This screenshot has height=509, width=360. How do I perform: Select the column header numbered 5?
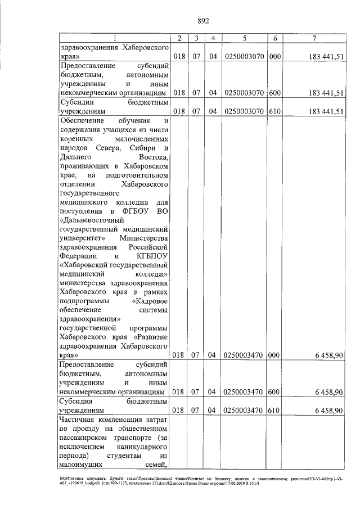[x=244, y=38]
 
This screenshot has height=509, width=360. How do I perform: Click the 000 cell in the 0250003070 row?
[x=274, y=57]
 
